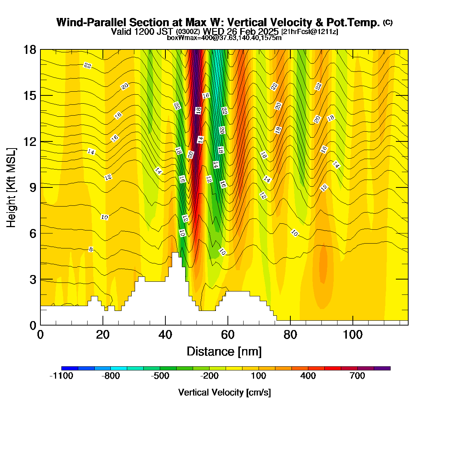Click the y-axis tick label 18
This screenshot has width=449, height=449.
[x=30, y=50]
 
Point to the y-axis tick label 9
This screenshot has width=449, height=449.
[x=33, y=187]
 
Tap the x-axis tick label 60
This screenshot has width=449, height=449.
[x=227, y=335]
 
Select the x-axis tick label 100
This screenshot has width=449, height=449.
[x=352, y=335]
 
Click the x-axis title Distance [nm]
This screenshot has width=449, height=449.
[x=224, y=352]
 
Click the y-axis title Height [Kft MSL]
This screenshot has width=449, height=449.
[x=11, y=187]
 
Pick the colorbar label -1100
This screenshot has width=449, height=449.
[x=61, y=376]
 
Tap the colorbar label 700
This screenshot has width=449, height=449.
[x=357, y=376]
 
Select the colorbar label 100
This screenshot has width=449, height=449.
[x=259, y=376]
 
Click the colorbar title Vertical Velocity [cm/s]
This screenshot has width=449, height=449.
[x=224, y=393]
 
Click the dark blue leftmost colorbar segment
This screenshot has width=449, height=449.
[x=70, y=368]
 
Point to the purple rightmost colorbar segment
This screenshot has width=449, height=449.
[x=382, y=368]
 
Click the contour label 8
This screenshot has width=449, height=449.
[x=91, y=250]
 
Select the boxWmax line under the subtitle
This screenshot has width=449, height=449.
[x=224, y=38]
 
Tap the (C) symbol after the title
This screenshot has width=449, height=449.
[x=388, y=22]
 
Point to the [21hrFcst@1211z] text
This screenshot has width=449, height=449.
[x=310, y=31]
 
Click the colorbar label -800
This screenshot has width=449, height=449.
[x=111, y=376]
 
